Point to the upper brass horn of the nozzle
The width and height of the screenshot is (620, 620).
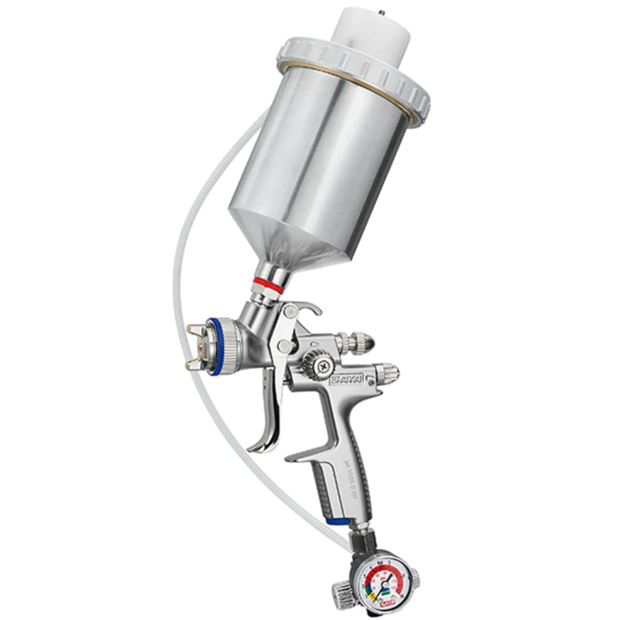tap(198, 332)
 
